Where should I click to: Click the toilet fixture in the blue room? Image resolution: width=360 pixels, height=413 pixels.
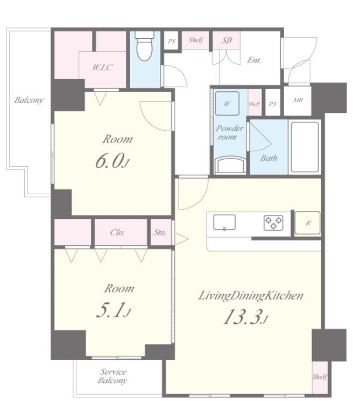click(x=144, y=46)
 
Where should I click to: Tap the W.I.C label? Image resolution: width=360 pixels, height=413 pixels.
click(x=103, y=68)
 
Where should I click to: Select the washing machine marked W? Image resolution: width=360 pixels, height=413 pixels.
click(x=227, y=103)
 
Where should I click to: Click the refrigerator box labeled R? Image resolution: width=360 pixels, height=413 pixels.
click(x=308, y=223)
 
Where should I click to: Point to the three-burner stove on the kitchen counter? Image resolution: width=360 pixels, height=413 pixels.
click(x=273, y=222)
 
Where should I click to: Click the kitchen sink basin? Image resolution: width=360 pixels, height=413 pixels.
click(x=224, y=223)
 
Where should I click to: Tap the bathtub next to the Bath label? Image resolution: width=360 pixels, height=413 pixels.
click(x=305, y=147)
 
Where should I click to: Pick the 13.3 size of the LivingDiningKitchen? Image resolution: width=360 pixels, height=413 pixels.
click(x=243, y=317)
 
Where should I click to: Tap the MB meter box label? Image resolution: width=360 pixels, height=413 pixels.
click(x=298, y=100)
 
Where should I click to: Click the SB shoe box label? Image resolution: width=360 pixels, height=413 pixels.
click(x=227, y=40)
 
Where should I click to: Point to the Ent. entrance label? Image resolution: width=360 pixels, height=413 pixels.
click(x=254, y=60)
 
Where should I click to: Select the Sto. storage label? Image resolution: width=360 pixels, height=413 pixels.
click(x=160, y=232)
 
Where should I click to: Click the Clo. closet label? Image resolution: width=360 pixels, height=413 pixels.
click(x=117, y=232)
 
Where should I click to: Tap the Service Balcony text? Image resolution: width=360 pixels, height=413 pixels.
click(x=112, y=376)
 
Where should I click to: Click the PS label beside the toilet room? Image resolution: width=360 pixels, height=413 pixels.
click(x=172, y=41)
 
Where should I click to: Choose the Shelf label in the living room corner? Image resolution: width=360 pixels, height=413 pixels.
click(x=320, y=377)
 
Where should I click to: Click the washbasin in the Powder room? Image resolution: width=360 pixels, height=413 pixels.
click(x=231, y=165)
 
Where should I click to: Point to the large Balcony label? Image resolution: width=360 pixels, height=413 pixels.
click(x=29, y=100)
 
